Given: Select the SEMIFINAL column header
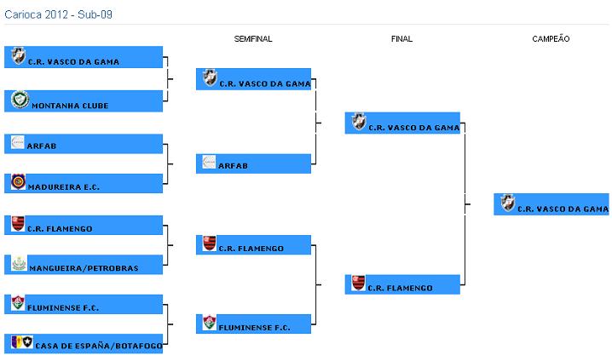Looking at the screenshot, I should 253,39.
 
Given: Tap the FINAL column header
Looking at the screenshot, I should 401,39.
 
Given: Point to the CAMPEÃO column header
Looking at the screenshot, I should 551,39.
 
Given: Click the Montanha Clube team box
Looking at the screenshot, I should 84,101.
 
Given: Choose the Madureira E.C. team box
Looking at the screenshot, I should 84,183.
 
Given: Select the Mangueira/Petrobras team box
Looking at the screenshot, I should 84,265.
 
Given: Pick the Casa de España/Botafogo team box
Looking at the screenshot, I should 84,343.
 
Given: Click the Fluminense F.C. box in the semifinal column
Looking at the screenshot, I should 253,323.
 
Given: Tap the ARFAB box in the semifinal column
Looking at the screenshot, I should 253,162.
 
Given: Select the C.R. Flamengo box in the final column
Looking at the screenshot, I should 402,284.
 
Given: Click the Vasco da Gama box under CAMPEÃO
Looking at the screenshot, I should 551,204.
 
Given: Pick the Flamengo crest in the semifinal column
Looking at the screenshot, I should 210,244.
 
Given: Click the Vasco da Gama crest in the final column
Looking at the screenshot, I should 359,121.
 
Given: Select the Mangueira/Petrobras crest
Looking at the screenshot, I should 19,263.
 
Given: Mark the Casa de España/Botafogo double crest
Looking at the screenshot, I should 21,342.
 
